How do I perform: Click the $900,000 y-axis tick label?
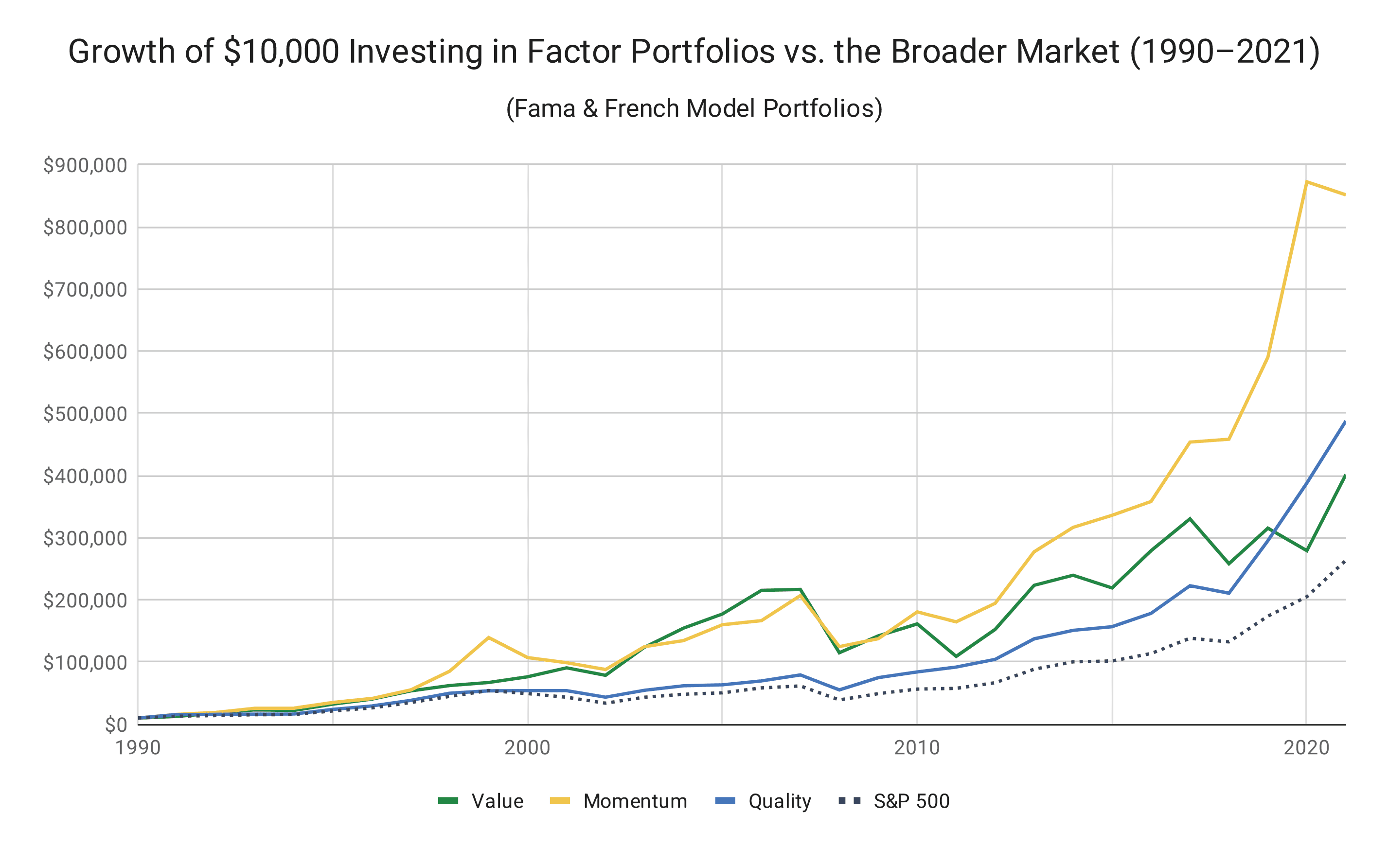(85, 165)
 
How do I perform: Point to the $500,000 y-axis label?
(85, 414)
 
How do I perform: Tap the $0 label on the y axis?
(116, 724)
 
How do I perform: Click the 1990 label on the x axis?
(138, 748)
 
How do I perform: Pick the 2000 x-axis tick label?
(527, 748)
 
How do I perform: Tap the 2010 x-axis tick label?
(917, 748)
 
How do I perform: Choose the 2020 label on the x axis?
(1306, 748)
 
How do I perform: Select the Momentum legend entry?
(619, 801)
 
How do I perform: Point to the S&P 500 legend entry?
(894, 801)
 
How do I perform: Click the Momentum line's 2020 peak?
(1306, 182)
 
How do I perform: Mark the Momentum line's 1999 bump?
(488, 637)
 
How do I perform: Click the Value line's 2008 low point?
(839, 653)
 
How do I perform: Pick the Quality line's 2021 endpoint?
(1345, 422)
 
